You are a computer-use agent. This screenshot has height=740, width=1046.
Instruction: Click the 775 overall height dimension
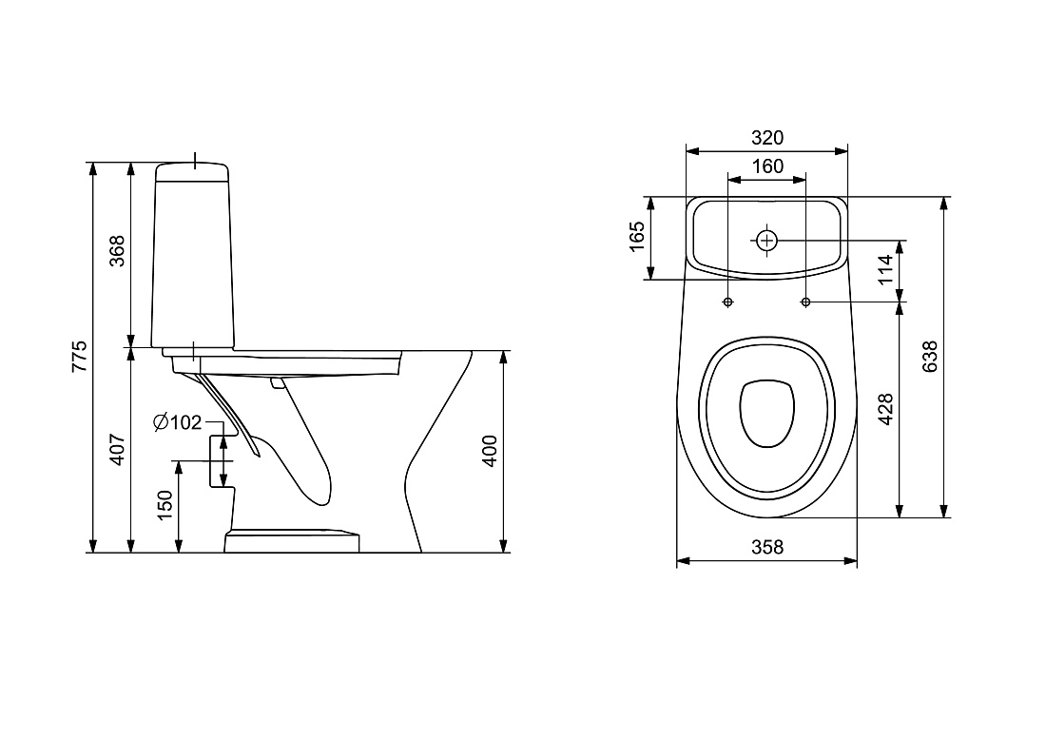coord(80,357)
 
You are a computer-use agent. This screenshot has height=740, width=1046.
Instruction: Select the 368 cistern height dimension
coord(117,251)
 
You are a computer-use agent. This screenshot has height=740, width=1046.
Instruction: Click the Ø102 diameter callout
coord(177,422)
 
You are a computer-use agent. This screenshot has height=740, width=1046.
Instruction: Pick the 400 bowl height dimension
coord(490,451)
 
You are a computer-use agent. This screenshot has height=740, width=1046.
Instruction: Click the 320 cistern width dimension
coord(767,138)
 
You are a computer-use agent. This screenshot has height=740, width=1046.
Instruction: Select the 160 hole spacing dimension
coord(767,166)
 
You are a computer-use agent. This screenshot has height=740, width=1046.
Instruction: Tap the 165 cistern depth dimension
coord(637,237)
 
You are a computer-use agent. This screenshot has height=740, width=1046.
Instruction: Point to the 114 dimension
coord(885,269)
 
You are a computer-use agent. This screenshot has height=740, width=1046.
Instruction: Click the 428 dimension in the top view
coord(885,409)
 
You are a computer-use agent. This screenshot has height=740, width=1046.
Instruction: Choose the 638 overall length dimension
coord(929,357)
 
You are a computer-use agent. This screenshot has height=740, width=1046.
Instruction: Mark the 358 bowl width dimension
coord(767,547)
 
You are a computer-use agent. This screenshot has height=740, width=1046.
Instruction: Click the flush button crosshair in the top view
coord(766,241)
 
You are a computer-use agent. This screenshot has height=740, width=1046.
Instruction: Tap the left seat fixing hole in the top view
coord(727,302)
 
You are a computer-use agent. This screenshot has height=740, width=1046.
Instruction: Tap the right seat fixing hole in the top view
coord(805,302)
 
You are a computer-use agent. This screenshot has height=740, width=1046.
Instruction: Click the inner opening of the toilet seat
coord(767,414)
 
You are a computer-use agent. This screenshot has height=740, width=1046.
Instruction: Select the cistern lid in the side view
coord(192,171)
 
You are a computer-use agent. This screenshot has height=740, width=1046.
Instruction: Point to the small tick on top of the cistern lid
coord(195,160)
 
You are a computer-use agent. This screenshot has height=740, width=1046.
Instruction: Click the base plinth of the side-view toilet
coord(292,540)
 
